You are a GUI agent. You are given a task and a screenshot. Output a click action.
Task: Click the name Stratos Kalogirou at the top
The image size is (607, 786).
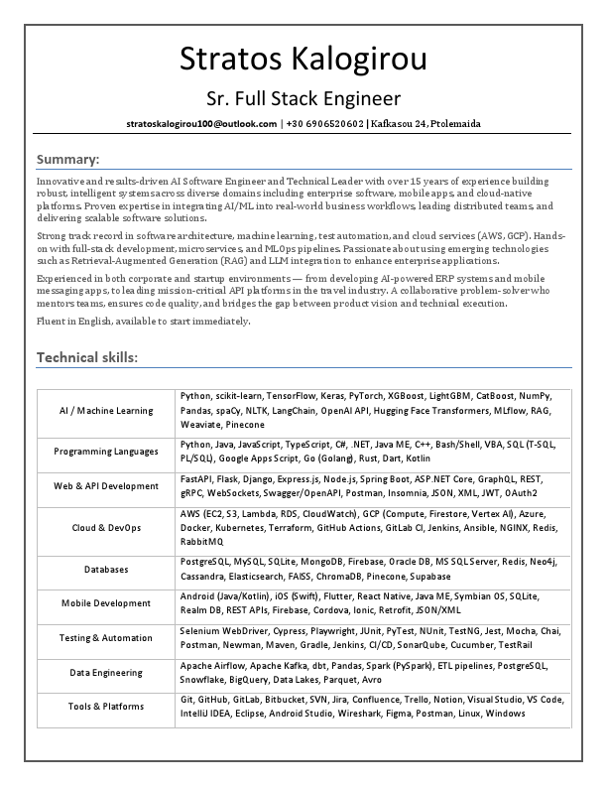tap(303, 59)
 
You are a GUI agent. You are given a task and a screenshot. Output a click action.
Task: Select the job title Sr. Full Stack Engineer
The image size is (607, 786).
tap(303, 98)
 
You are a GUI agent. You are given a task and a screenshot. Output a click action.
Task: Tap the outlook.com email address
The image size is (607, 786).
tap(201, 124)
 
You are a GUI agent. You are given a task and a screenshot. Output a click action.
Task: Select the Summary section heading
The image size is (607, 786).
tap(67, 159)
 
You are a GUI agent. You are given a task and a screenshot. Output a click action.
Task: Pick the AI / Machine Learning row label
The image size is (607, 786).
tap(106, 410)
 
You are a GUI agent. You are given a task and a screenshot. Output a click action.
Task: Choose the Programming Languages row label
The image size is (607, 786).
tap(106, 452)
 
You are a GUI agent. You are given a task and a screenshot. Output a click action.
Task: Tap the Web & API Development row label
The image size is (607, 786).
tap(106, 486)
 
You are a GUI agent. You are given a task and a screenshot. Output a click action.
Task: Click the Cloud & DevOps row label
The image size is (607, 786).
tap(106, 528)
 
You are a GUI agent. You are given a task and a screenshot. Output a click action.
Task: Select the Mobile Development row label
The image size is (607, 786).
tap(106, 602)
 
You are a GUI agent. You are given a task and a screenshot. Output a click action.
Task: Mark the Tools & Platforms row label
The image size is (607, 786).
tap(106, 707)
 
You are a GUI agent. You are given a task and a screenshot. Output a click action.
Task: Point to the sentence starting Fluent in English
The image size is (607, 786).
tap(144, 322)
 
